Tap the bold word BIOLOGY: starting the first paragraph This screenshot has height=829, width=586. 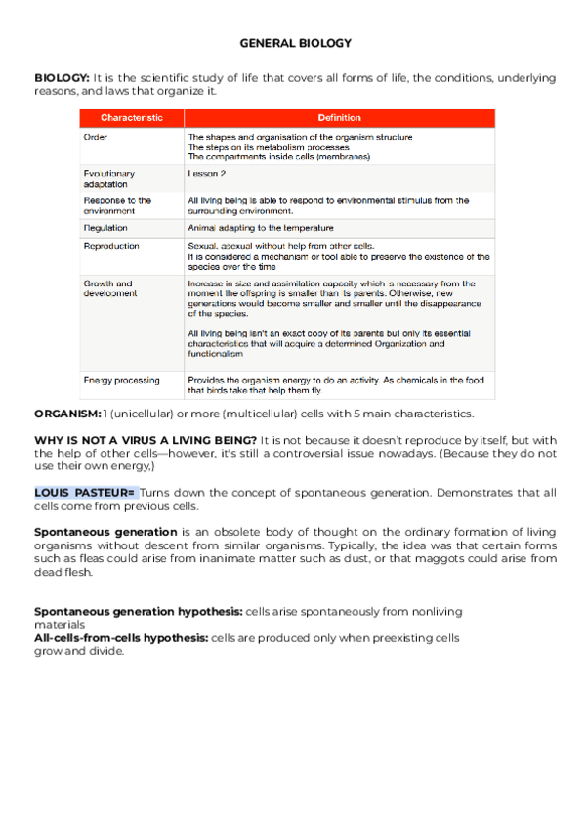(62, 77)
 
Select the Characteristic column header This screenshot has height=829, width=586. (131, 118)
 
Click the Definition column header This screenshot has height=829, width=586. (339, 118)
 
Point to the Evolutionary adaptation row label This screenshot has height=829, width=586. (109, 178)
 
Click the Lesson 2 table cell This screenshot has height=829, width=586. (207, 173)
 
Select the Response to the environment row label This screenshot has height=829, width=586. (117, 205)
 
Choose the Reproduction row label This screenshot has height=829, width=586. (111, 246)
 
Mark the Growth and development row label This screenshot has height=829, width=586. (109, 288)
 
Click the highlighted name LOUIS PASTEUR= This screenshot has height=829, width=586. (85, 492)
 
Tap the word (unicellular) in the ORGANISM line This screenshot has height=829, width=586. (151, 414)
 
